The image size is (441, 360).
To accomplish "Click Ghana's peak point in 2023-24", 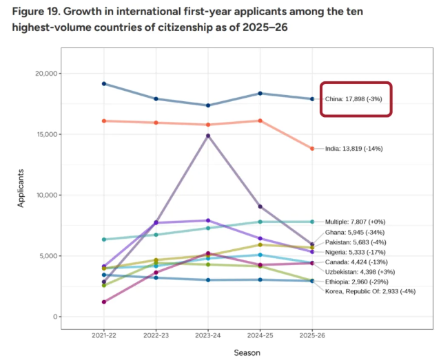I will (208, 136).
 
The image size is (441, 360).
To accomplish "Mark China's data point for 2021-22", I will (104, 83).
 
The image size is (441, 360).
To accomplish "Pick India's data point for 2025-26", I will (312, 149).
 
